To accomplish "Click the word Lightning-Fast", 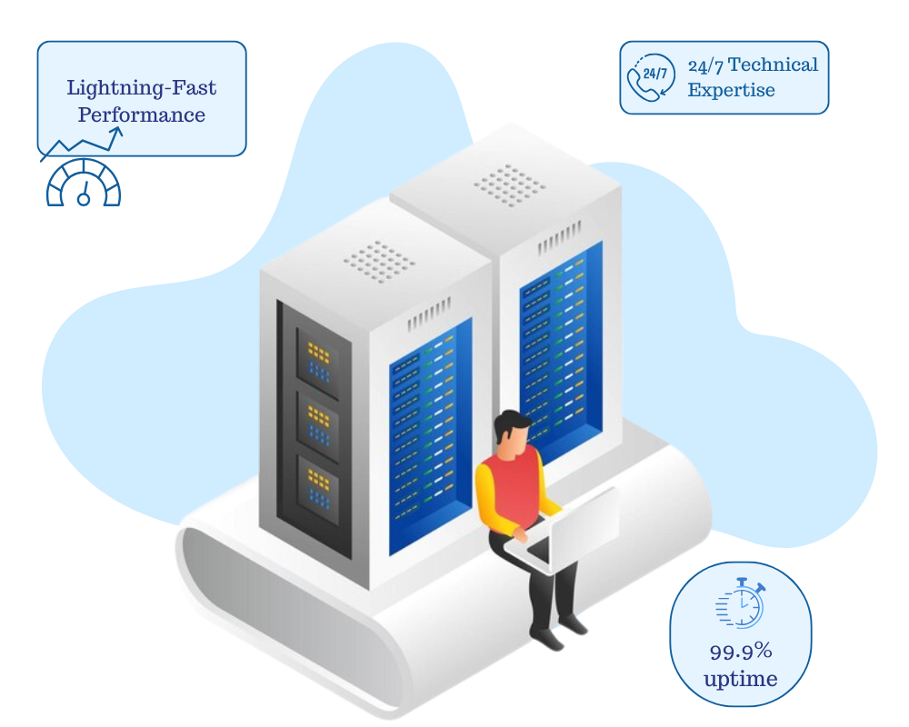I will click(142, 88).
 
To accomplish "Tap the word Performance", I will click(142, 115).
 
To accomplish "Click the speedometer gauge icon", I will click(84, 183).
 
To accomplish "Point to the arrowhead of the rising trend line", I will click(117, 132).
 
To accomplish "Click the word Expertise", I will click(731, 90).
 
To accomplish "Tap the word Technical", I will click(774, 65).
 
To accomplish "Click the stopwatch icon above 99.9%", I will click(741, 602).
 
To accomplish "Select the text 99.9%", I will click(741, 651).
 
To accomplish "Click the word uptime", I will click(741, 678).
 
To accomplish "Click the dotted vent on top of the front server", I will click(379, 261).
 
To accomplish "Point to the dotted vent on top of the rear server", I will click(510, 185).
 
